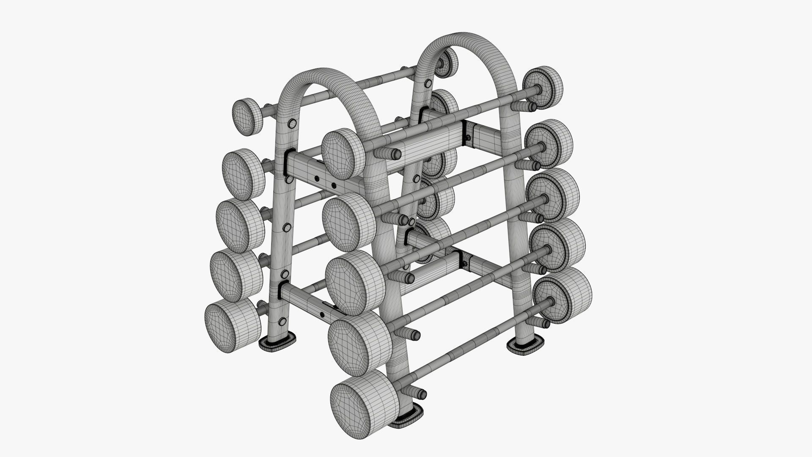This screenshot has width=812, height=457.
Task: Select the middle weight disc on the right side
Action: [554, 194]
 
